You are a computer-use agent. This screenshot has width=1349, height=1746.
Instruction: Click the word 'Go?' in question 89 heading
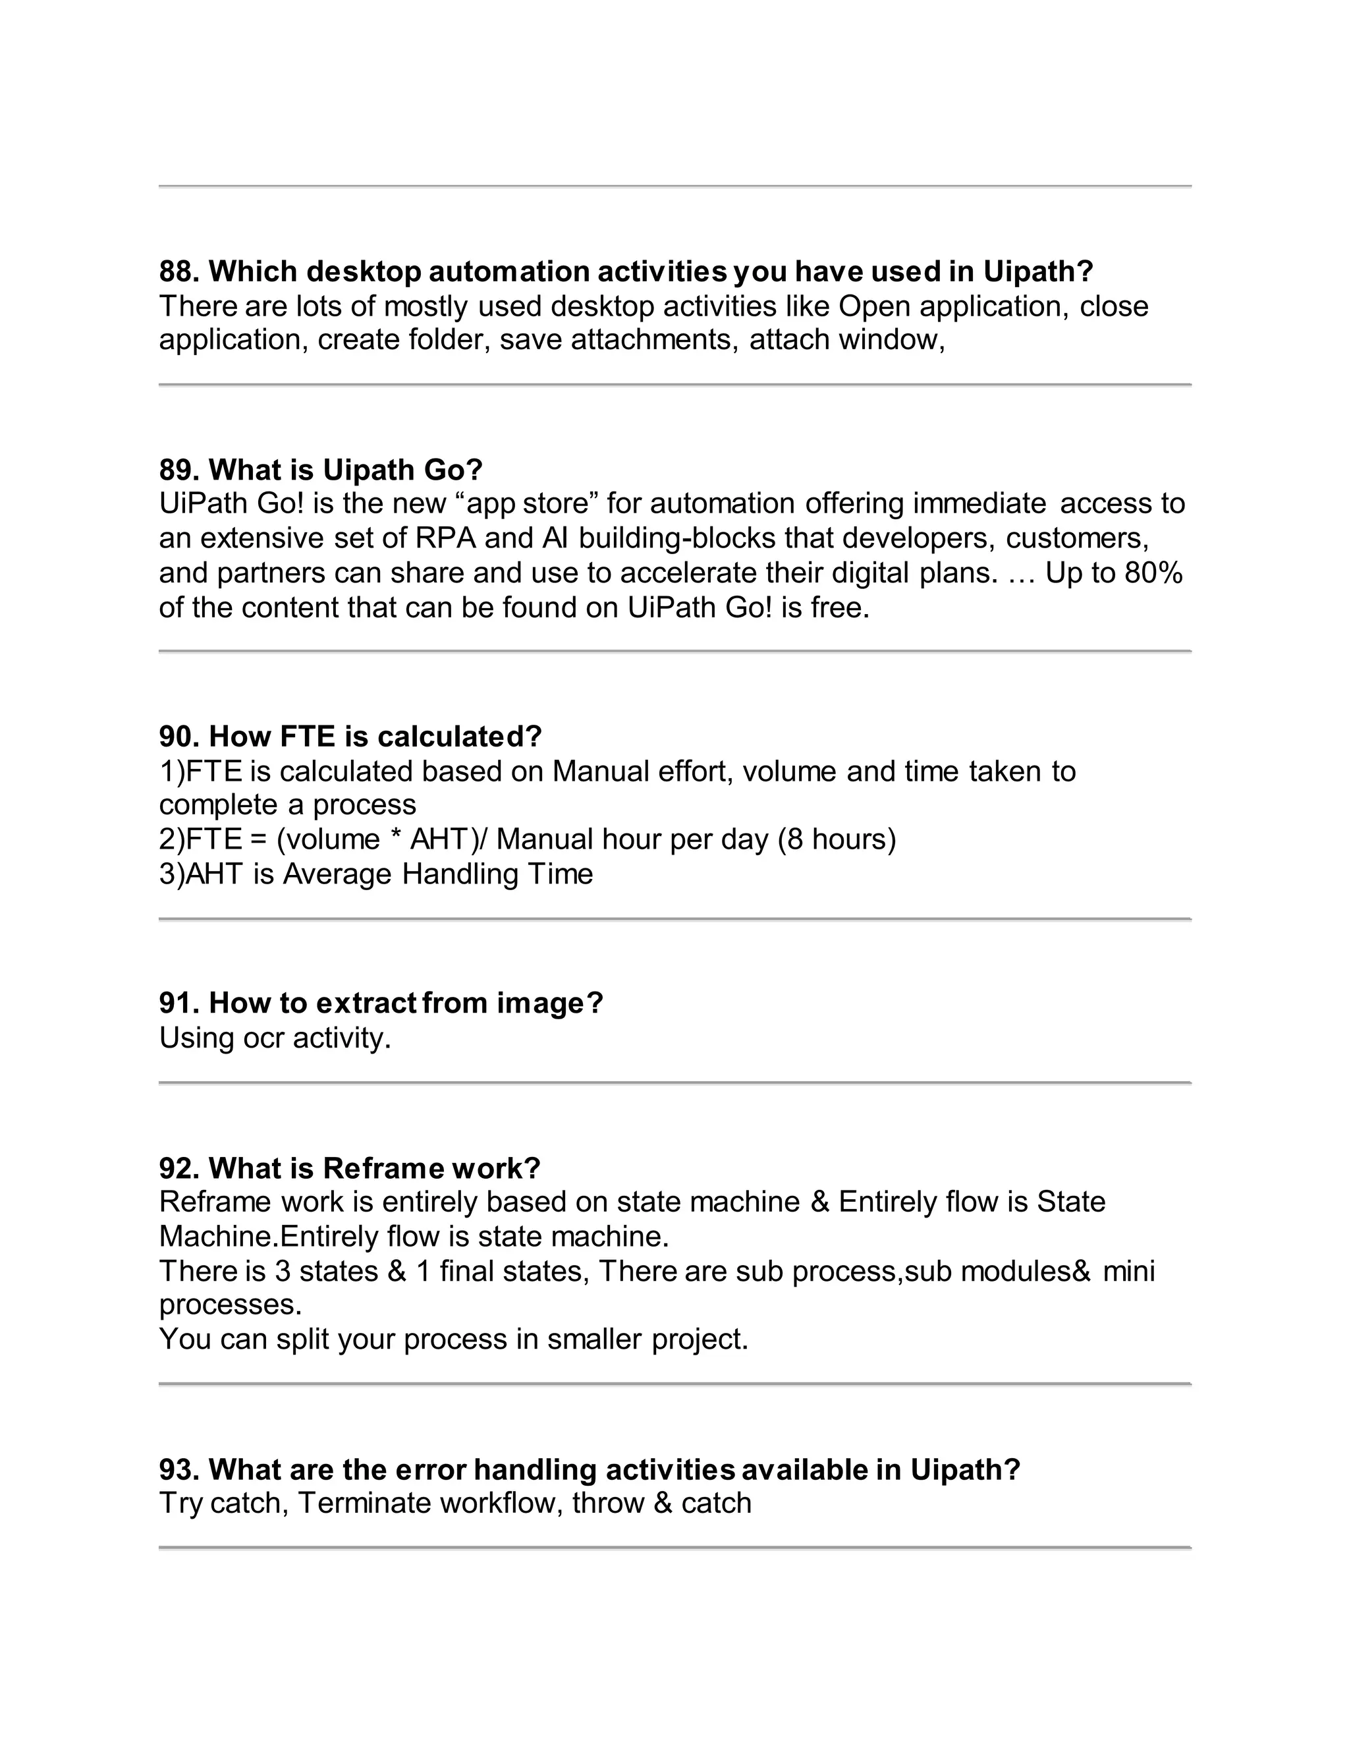pyautogui.click(x=453, y=469)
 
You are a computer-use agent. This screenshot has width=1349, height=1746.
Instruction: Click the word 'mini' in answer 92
pyautogui.click(x=1128, y=1271)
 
